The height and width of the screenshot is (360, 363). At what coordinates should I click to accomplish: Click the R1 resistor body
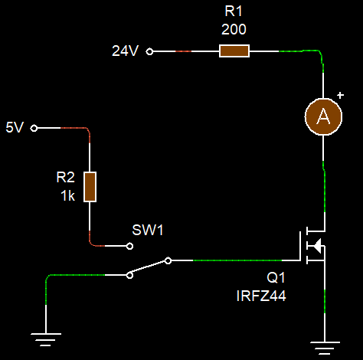point(234,51)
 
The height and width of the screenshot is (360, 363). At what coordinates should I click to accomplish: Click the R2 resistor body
point(90,187)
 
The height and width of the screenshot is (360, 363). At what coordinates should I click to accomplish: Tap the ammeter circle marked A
point(323,116)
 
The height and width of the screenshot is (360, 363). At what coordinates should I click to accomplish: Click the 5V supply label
point(15,128)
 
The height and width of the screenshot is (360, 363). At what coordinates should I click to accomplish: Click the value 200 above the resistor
point(234,30)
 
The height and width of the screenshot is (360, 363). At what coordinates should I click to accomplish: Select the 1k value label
point(67,195)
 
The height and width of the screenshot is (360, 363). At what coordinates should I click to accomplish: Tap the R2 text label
point(67,178)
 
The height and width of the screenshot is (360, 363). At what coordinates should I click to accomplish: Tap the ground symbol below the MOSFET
point(325,344)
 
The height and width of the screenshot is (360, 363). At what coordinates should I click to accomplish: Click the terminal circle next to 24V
point(150,51)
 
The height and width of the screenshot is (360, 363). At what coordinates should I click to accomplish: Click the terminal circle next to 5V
point(34,129)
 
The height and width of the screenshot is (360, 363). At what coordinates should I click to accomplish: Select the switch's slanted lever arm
point(149,267)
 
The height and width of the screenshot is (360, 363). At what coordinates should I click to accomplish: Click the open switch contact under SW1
point(129,247)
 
